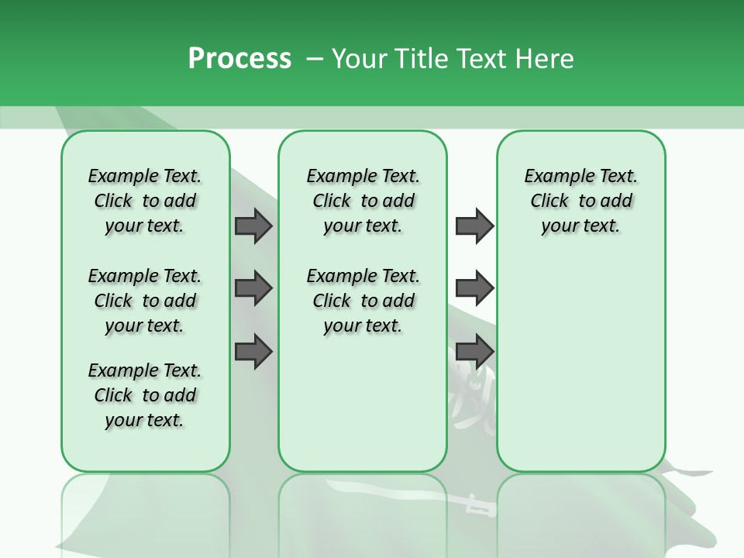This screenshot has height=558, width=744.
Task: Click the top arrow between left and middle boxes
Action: click(253, 226)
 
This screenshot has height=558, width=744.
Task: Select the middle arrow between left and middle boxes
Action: click(253, 288)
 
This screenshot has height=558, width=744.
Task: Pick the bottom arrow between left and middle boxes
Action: click(253, 351)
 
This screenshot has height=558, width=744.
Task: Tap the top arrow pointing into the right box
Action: click(474, 226)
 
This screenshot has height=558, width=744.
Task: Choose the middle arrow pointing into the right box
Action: click(474, 288)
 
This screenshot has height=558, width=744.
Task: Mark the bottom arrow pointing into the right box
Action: click(474, 351)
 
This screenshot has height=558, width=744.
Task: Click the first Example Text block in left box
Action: click(145, 201)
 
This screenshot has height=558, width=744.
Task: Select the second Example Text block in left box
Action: click(145, 301)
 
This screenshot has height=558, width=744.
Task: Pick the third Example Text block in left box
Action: click(145, 395)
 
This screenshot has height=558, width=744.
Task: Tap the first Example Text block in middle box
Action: click(363, 201)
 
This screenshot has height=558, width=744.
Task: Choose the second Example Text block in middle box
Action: click(363, 301)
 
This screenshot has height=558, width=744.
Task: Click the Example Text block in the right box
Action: click(580, 201)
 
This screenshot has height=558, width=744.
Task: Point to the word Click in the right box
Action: click(549, 201)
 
